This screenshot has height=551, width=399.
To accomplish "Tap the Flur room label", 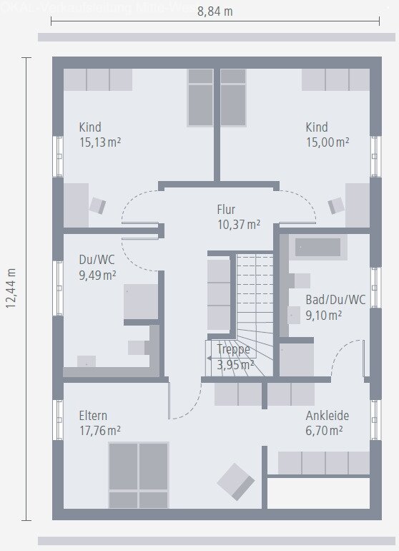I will pos(226,210).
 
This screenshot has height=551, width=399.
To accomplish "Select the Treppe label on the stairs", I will pos(234,350).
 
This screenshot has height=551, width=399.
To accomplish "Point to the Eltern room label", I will pos(94,416).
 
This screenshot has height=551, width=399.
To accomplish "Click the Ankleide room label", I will pos(327,416).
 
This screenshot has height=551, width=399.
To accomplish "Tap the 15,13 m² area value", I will pos(99,142).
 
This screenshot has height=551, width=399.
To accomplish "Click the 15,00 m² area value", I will pos(327,142).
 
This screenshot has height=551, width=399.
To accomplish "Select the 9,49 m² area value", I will pos(97,274).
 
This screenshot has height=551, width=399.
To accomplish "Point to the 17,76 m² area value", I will pos(99,430).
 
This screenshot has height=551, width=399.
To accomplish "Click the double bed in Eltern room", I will pos(139,475).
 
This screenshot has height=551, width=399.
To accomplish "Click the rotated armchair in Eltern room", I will pos(235,481).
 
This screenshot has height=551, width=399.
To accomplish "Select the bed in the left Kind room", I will pos(200,97).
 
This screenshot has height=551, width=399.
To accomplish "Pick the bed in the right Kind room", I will pos(233,97).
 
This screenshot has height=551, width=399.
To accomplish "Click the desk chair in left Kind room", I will pos(97,206).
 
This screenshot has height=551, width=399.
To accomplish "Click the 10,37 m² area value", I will pos(239,224).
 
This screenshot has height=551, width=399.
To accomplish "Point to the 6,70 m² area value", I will pos(325,430).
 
